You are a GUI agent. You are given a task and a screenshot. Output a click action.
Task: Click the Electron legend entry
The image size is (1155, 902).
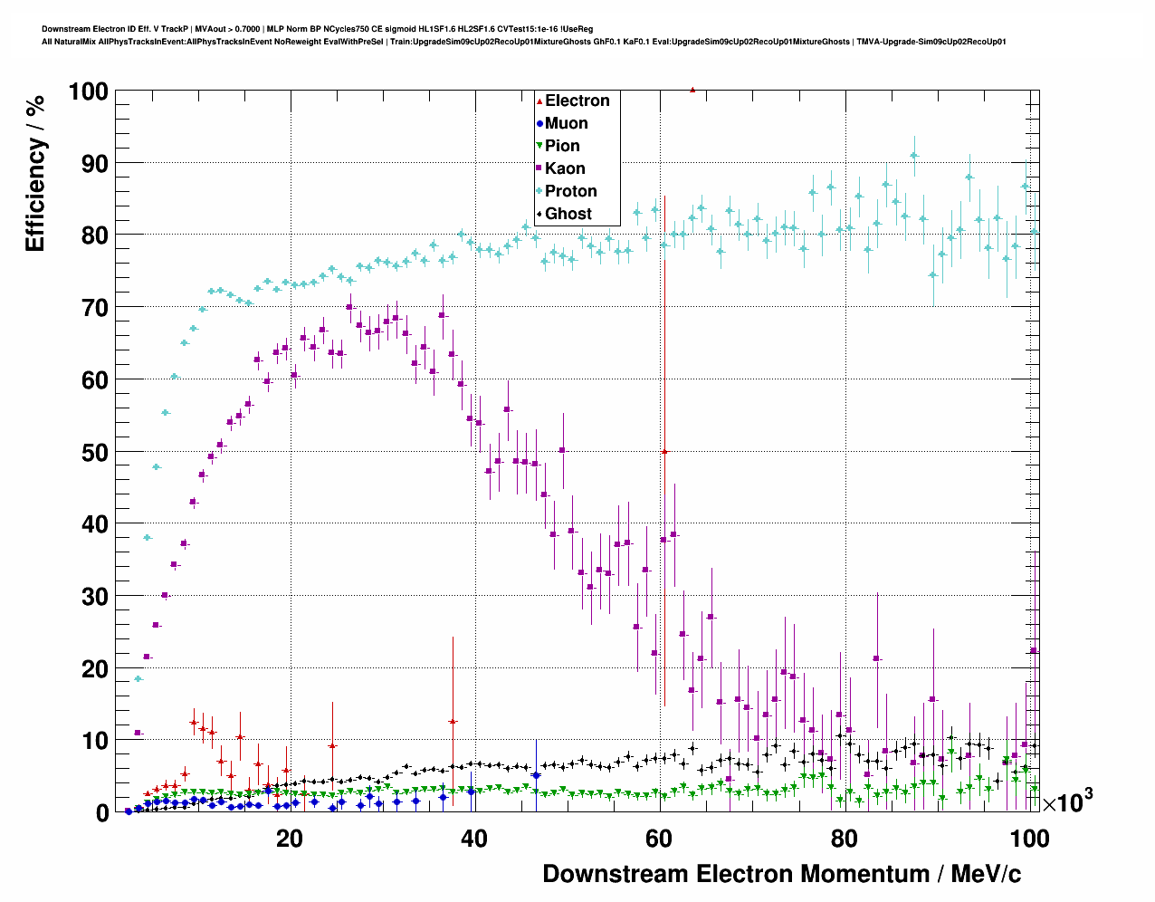[577, 101]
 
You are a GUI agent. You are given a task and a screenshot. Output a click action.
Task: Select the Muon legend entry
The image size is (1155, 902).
[566, 123]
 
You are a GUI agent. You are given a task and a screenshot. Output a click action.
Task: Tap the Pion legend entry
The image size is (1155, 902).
[562, 146]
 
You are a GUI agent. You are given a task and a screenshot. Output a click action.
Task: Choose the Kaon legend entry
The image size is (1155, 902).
[565, 168]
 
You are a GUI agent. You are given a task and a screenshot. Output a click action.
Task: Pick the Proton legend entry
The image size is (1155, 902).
[570, 191]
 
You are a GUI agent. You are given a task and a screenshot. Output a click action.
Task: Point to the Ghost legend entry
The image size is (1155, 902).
[568, 214]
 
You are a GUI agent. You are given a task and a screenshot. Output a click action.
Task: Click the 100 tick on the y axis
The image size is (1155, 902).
[88, 91]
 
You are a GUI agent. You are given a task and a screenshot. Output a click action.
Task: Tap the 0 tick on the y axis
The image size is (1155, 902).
[102, 813]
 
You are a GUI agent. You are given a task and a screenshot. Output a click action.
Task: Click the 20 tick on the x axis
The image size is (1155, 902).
[290, 839]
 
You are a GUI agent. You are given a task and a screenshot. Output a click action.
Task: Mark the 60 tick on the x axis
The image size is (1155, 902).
[659, 839]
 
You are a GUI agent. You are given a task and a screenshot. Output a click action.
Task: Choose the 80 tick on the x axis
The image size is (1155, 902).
[845, 839]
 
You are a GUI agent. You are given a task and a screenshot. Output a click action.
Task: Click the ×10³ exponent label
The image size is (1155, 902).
[1067, 801]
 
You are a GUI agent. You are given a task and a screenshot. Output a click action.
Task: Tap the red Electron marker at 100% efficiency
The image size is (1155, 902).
[692, 90]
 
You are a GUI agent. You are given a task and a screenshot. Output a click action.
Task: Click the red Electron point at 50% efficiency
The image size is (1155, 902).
[664, 451]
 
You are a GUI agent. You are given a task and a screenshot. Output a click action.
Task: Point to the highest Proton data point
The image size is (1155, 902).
[914, 155]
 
